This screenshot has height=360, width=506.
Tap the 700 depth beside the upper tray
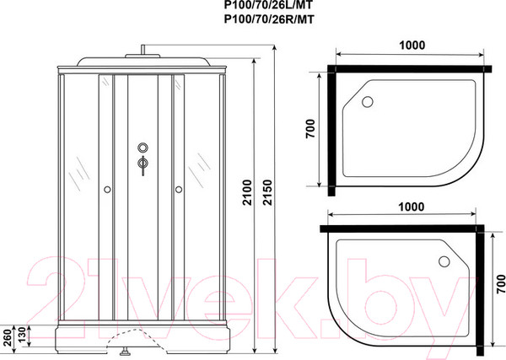(x=312, y=130)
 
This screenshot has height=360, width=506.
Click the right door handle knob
(x=178, y=191)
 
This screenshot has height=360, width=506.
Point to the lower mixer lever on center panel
(x=143, y=166)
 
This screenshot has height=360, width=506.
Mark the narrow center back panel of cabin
(x=143, y=236)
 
